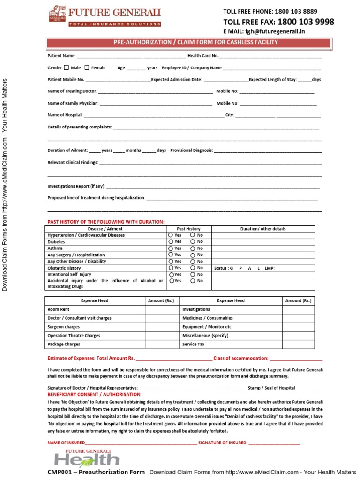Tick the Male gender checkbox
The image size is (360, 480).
(66, 67)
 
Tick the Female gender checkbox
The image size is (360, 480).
(87, 67)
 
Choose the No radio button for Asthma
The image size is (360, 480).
(193, 248)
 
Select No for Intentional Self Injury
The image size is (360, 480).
(193, 274)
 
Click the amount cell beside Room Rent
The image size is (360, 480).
(162, 309)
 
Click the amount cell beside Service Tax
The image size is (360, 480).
(299, 344)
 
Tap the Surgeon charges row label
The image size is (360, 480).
(64, 327)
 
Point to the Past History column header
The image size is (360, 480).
(188, 229)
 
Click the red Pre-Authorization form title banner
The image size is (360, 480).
(195, 43)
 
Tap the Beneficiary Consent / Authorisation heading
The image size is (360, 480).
(88, 395)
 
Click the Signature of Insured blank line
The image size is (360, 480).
(274, 442)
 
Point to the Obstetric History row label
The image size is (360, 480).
(64, 268)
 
